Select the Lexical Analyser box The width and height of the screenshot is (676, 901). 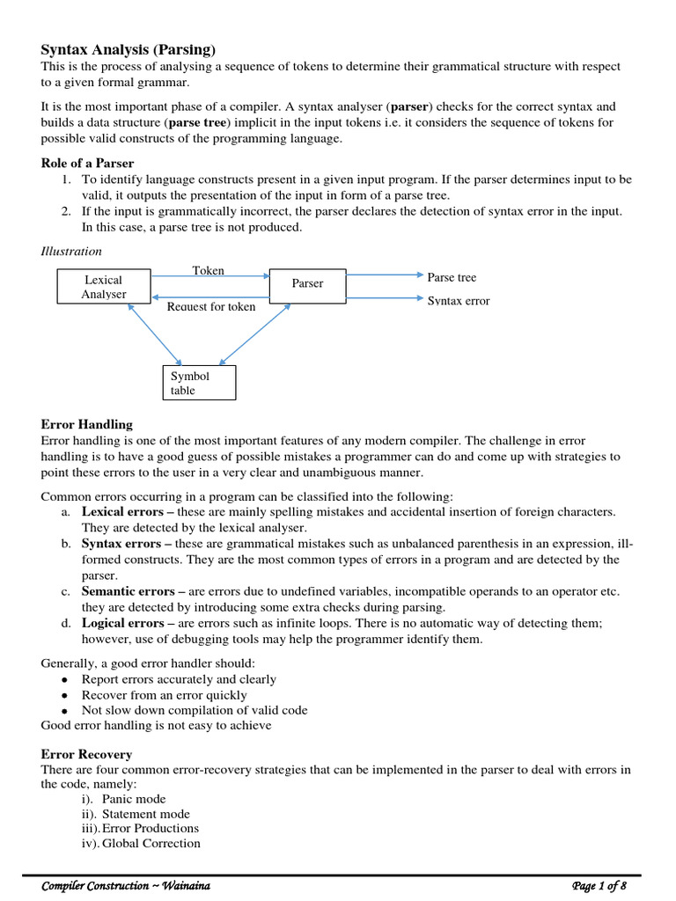coord(104,287)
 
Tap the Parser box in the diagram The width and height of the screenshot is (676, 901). coord(307,283)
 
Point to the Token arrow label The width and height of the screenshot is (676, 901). coord(209,270)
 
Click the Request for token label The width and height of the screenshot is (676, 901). coord(211,306)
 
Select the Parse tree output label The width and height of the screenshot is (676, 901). coord(452,277)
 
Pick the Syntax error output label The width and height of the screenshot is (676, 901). coord(459,301)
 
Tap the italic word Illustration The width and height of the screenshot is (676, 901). coord(71,251)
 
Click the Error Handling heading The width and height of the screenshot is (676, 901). coord(87,424)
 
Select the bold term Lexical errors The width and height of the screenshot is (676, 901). coord(122,511)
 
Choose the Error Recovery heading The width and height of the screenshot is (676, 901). coord(87,754)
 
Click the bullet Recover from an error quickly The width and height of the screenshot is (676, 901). coord(164,695)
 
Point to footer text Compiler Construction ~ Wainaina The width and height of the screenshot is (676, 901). coord(124,885)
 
